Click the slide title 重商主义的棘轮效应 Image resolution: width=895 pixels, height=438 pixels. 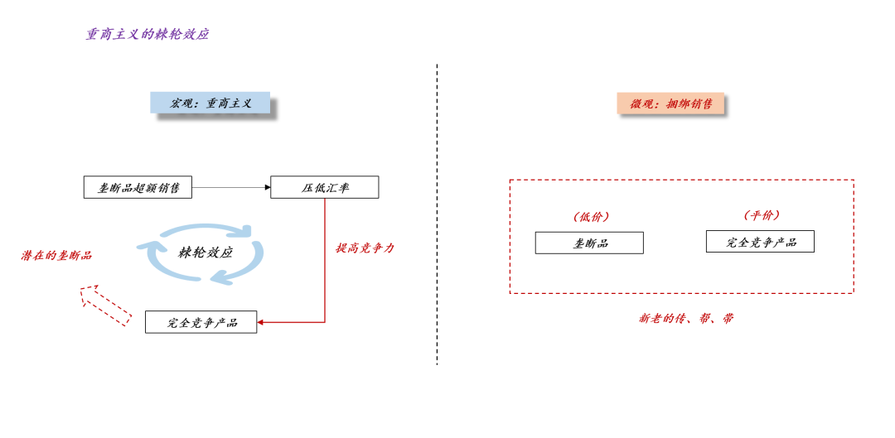click(148, 35)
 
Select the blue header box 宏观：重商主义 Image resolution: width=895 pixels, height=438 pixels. click(210, 103)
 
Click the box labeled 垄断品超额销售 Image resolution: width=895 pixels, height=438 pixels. click(138, 188)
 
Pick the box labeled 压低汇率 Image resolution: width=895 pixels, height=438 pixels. click(325, 188)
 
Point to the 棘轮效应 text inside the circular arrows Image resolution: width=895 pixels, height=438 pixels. click(206, 253)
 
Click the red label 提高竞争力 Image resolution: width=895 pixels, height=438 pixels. click(365, 248)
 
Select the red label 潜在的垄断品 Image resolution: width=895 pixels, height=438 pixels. click(56, 256)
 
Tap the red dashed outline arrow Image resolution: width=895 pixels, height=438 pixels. click(105, 304)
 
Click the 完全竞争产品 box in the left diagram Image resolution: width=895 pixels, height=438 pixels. click(201, 322)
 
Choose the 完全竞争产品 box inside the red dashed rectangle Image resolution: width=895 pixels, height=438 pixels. click(760, 242)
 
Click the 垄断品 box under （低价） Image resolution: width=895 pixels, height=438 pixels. click(589, 243)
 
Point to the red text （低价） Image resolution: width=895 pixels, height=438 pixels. click(591, 217)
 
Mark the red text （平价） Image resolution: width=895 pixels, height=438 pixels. click(762, 215)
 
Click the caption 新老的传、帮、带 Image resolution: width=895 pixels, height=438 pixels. click(686, 318)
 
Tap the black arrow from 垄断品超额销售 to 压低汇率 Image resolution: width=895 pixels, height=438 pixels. click(231, 188)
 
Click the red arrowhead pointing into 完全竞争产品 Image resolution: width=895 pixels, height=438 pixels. click(261, 322)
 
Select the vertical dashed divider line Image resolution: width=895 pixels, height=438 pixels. click(437, 215)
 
